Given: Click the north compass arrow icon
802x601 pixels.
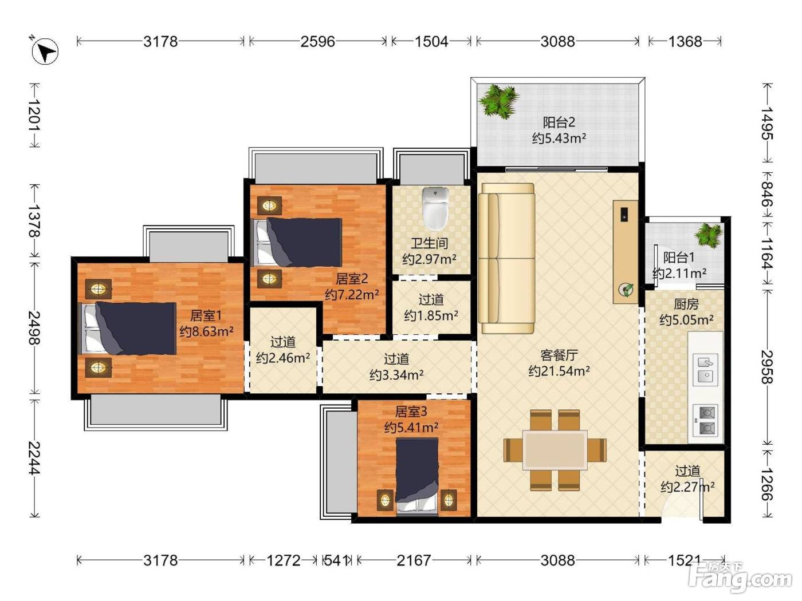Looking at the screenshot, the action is click(x=45, y=52).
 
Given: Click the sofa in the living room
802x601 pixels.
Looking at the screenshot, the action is click(x=507, y=258).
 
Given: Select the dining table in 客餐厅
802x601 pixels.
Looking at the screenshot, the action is click(x=555, y=450).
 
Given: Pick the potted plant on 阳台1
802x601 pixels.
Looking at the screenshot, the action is click(x=709, y=236).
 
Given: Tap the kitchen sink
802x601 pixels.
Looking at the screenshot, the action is click(x=705, y=370).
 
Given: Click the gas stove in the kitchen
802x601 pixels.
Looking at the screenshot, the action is click(x=705, y=420).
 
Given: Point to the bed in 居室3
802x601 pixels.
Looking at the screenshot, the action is click(x=417, y=477).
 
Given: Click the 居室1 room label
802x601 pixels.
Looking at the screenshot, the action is click(x=206, y=315).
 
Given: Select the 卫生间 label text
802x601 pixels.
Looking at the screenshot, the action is click(x=429, y=243).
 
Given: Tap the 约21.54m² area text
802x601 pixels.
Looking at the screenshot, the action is click(x=559, y=371).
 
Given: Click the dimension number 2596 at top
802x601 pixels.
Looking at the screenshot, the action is click(x=317, y=42).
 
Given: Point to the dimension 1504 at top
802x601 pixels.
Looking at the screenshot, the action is click(x=431, y=42).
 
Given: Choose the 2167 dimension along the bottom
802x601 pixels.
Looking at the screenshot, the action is click(x=414, y=560).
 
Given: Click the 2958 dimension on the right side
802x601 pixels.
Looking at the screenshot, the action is click(x=767, y=367).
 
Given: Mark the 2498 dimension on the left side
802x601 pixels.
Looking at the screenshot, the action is click(x=35, y=328).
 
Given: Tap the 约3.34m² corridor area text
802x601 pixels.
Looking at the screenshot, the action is click(x=396, y=375).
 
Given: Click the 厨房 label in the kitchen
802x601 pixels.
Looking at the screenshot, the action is click(x=686, y=304).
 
